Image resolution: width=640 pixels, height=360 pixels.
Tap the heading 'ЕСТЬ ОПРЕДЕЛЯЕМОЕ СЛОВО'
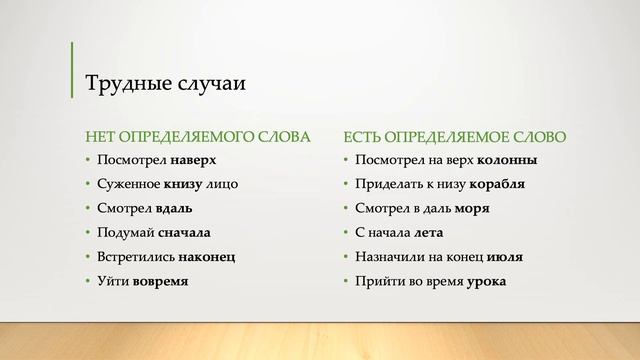click(454, 136)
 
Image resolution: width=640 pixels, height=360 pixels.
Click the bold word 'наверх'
click(193, 160)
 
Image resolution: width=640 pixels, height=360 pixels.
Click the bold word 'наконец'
click(206, 257)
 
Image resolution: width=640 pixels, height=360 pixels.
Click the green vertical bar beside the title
click(72, 70)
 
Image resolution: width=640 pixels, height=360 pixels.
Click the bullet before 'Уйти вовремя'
click(87, 282)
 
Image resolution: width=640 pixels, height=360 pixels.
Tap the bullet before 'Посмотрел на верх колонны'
click(344, 161)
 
